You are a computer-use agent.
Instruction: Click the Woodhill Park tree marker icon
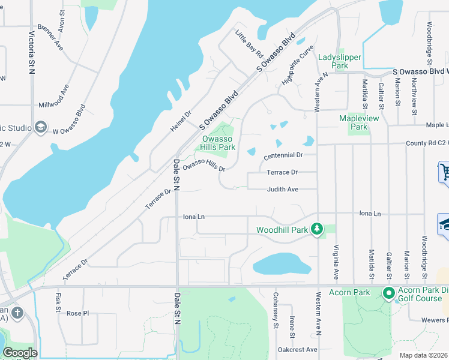[318, 229]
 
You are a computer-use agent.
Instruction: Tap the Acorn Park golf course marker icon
[388, 293]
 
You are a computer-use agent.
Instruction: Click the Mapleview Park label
[358, 122]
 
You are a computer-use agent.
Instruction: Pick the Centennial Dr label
[282, 155]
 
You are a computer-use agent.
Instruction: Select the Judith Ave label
[283, 190]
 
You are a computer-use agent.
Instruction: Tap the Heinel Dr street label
[180, 122]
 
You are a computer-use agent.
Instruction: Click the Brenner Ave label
[50, 37]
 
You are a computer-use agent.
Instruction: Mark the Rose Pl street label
[77, 314]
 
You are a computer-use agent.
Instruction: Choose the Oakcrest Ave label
[297, 349]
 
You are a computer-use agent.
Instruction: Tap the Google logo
[20, 353]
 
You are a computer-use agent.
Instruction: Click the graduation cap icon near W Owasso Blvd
[41, 127]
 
